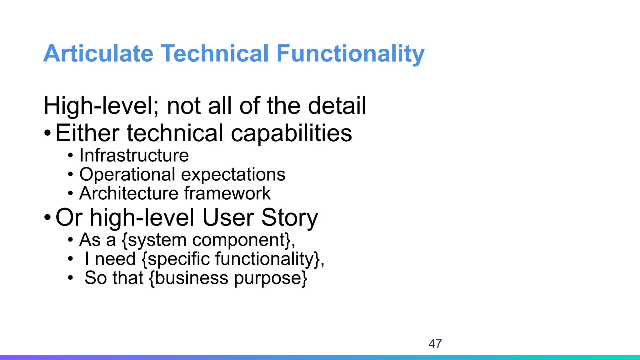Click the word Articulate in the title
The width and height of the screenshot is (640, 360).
[98, 54]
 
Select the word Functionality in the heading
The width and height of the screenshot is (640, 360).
[350, 54]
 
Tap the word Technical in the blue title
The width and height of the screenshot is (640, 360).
[215, 54]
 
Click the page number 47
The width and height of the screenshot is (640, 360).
[435, 344]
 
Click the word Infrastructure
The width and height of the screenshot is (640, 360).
[134, 155]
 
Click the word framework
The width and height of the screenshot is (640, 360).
[227, 193]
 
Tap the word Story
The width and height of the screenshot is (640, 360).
[289, 218]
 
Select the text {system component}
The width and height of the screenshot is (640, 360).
[208, 240]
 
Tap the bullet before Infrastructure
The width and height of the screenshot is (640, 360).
[71, 156]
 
